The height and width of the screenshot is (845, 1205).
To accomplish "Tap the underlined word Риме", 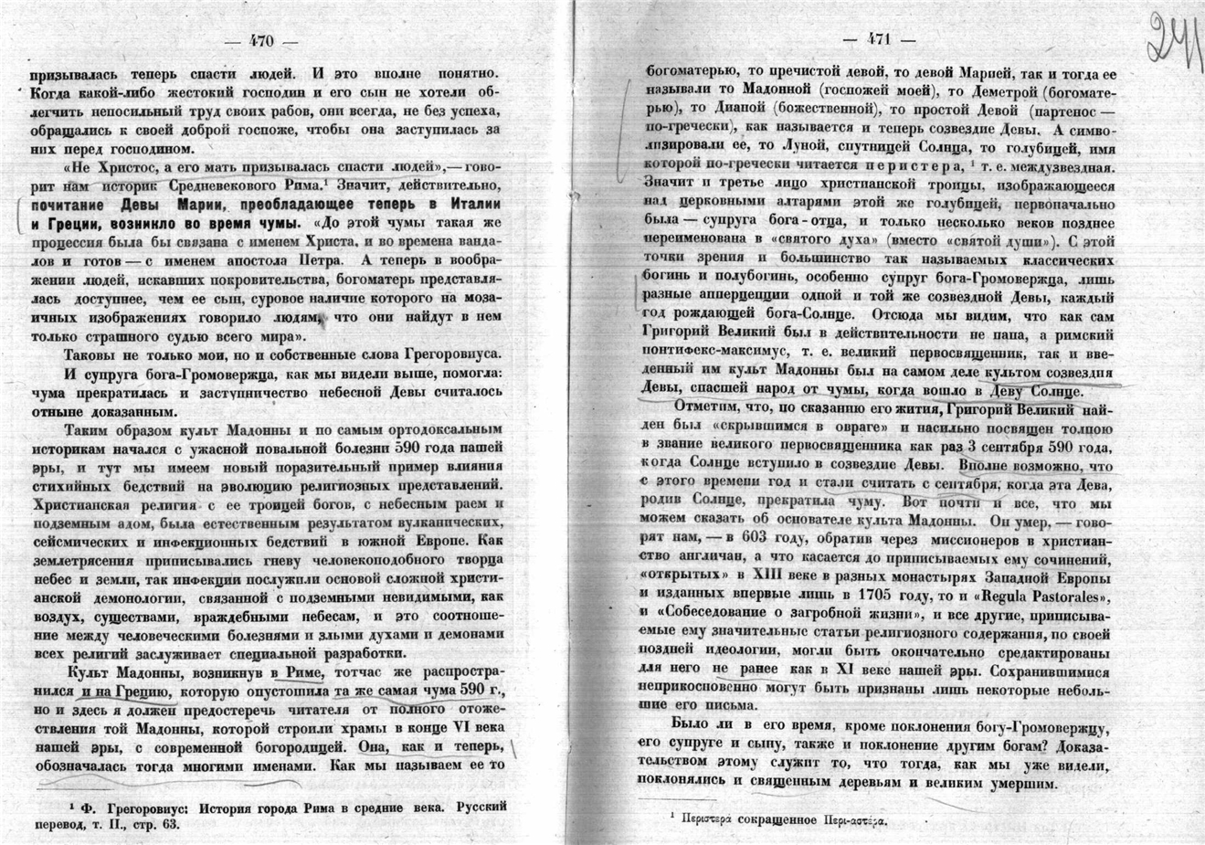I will pos(303,671).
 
